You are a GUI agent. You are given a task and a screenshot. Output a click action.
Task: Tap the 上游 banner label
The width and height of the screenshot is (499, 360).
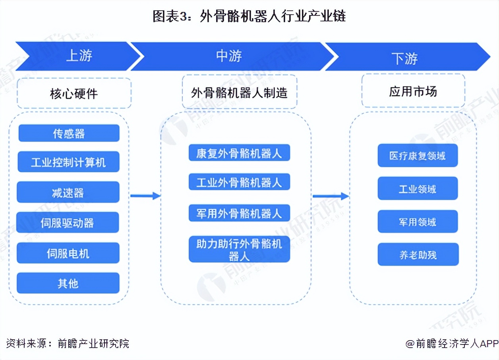click(x=79, y=56)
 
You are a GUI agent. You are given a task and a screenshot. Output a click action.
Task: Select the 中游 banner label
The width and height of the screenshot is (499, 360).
click(x=229, y=56)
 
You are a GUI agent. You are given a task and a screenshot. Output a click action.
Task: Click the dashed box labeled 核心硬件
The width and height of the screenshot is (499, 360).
click(x=74, y=93)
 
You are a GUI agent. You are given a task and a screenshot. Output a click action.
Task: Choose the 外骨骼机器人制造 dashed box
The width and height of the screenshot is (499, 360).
click(x=239, y=93)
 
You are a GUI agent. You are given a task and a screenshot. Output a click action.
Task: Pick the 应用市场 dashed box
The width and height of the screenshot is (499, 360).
click(x=413, y=91)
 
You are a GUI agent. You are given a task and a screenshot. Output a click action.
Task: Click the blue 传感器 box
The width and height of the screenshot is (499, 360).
click(x=69, y=133)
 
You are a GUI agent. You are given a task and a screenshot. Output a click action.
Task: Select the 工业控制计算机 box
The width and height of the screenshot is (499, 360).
click(x=68, y=162)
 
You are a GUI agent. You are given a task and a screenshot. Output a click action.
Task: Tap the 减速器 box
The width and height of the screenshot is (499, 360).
click(x=68, y=192)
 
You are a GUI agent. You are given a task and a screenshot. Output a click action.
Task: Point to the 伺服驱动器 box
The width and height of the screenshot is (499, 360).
click(x=68, y=223)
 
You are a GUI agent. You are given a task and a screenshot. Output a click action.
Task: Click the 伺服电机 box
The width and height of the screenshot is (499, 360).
click(x=68, y=253)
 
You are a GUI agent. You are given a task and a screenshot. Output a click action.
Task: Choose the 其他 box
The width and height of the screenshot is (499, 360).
click(x=68, y=283)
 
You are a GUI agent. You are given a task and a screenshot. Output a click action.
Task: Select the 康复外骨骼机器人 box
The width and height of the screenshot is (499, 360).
click(x=239, y=153)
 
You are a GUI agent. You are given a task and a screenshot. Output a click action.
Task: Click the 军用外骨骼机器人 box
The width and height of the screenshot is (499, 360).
click(x=239, y=213)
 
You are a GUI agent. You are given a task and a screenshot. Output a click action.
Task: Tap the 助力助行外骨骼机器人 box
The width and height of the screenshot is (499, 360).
click(x=239, y=250)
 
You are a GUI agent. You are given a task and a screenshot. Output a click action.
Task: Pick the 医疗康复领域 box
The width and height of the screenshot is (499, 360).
click(x=418, y=155)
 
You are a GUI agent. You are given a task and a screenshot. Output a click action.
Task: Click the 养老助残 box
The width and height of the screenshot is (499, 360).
click(x=418, y=255)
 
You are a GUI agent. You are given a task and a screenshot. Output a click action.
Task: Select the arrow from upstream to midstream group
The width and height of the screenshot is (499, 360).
click(x=145, y=195)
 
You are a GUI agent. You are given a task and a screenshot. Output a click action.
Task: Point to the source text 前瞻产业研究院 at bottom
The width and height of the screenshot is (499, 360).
click(x=93, y=343)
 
